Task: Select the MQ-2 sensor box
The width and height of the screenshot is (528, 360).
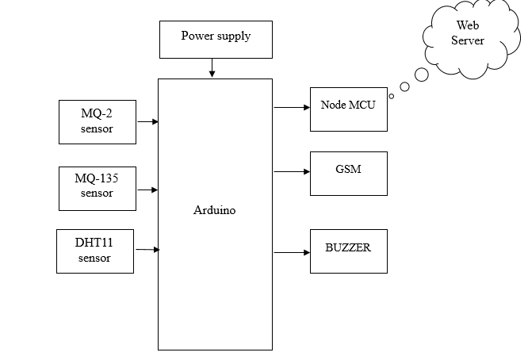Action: pyautogui.click(x=97, y=121)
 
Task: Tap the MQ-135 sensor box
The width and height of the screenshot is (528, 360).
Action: pyautogui.click(x=97, y=188)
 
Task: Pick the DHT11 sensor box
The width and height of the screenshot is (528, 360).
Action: pyautogui.click(x=94, y=251)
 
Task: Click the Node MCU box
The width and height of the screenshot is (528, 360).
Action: pyautogui.click(x=348, y=109)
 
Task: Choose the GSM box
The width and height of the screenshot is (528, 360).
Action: pyautogui.click(x=348, y=173)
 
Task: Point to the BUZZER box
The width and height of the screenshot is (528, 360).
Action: pyautogui.click(x=348, y=251)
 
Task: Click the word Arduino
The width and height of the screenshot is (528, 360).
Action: pyautogui.click(x=215, y=211)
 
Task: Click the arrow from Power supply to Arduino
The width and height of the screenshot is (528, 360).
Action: pyautogui.click(x=212, y=69)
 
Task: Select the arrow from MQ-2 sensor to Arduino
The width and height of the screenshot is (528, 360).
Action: pyautogui.click(x=147, y=121)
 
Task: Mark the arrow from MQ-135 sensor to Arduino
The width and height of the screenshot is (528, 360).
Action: pyautogui.click(x=147, y=190)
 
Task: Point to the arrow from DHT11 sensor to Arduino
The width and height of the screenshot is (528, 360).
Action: pyautogui.click(x=147, y=250)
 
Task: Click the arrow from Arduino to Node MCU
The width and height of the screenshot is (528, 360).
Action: pyautogui.click(x=291, y=106)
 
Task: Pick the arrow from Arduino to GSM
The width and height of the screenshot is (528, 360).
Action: pyautogui.click(x=291, y=171)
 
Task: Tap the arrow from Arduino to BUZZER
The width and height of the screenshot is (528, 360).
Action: pyautogui.click(x=291, y=253)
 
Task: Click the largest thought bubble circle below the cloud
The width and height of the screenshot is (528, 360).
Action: pyautogui.click(x=422, y=75)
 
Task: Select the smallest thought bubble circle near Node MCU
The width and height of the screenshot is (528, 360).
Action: pyautogui.click(x=392, y=96)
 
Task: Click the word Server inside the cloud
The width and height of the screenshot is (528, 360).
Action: pyautogui.click(x=468, y=41)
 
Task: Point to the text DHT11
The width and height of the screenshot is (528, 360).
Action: pyautogui.click(x=94, y=243)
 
